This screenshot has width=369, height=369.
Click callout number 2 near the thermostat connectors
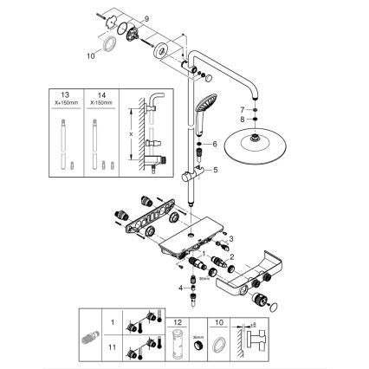232,256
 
